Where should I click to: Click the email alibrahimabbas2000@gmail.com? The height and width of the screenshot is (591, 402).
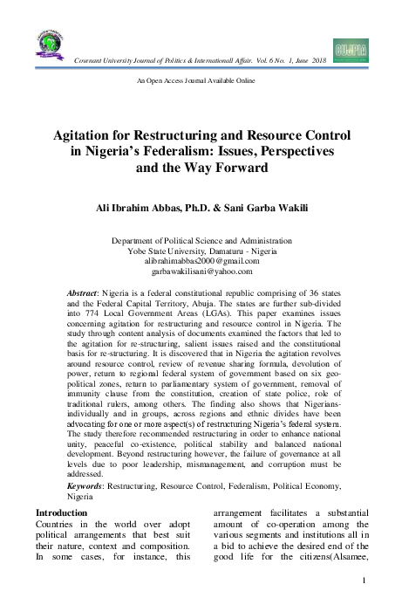pos(201,261)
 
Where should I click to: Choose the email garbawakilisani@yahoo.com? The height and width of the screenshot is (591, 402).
pos(201,271)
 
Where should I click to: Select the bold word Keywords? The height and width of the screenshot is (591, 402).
pos(87,485)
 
